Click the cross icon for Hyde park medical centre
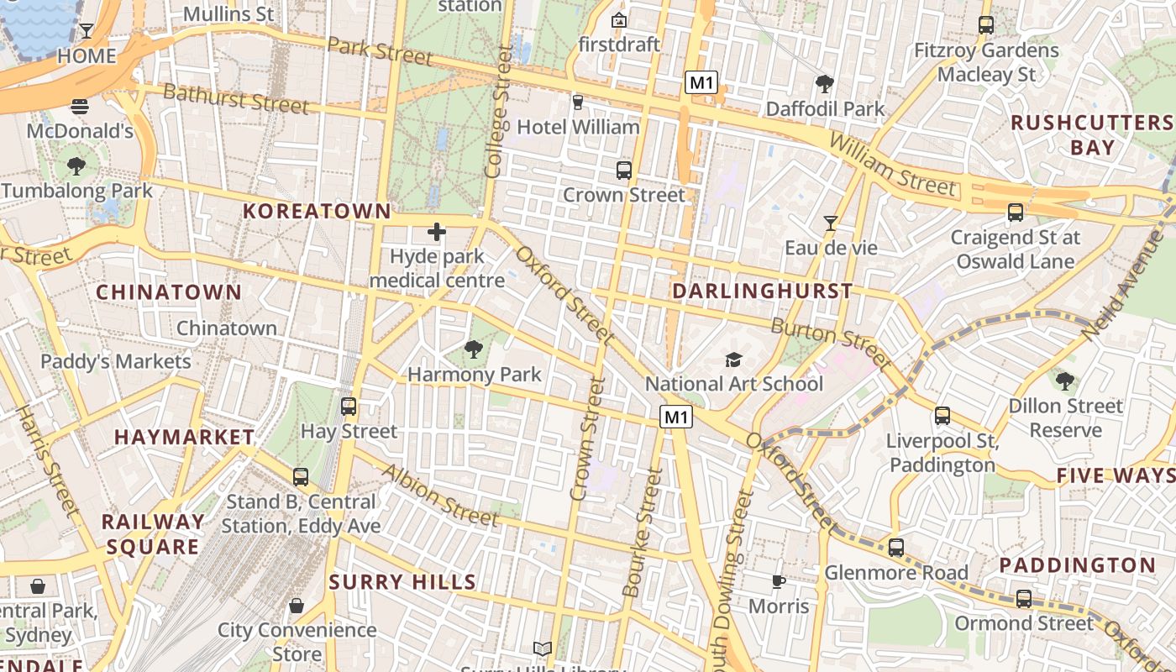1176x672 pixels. pos(437,232)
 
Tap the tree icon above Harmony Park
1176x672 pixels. pos(474,349)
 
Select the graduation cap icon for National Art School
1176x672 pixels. pos(734,360)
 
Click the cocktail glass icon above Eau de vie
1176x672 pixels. pos(831,223)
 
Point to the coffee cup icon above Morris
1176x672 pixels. pos(779,580)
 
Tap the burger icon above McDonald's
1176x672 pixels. pos(80,107)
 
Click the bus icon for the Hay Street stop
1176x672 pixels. pos(349,407)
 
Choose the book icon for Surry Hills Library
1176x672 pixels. pos(543,648)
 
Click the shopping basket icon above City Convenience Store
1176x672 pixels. pos(297,605)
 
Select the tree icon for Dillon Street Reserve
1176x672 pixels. pos(1065,381)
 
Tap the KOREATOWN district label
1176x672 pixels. pos(318,211)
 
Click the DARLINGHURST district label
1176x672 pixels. pos(763,291)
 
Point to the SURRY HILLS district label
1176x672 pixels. pos(402,582)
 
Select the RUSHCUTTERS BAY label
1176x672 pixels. pos(1091,135)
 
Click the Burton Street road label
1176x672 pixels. pos(831,342)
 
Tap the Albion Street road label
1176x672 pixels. pos(440,495)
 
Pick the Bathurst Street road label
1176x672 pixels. pos(236,98)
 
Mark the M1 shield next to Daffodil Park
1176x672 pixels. pos(701,82)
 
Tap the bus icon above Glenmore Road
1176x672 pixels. pos(896,548)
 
